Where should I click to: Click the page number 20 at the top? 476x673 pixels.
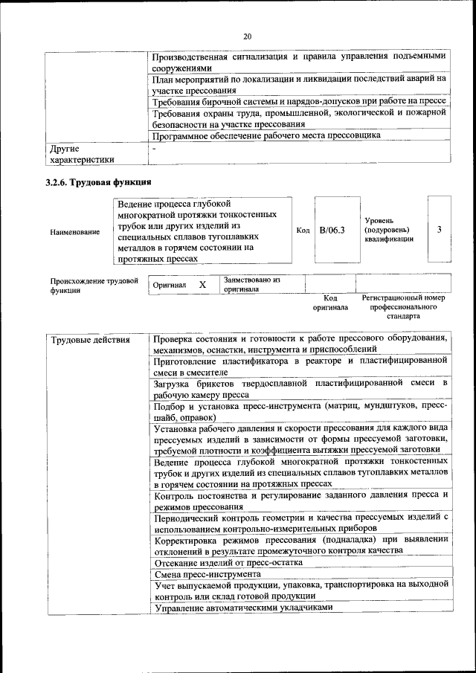pyautogui.click(x=248, y=36)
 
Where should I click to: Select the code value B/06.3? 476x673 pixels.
pyautogui.click(x=332, y=231)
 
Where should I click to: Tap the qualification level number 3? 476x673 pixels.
pyautogui.click(x=440, y=230)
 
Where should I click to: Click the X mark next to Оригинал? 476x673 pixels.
pyautogui.click(x=202, y=285)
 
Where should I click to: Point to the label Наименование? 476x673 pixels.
pyautogui.click(x=75, y=232)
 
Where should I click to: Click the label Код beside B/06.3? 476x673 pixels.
pyautogui.click(x=303, y=231)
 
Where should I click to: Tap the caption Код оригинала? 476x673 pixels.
pyautogui.click(x=330, y=302)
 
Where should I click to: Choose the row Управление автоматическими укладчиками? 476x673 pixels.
pyautogui.click(x=242, y=608)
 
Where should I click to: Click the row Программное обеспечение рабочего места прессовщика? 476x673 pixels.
pyautogui.click(x=266, y=135)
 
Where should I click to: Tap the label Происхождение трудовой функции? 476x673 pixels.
pyautogui.click(x=94, y=286)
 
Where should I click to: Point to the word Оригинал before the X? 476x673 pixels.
pyautogui.click(x=169, y=286)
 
